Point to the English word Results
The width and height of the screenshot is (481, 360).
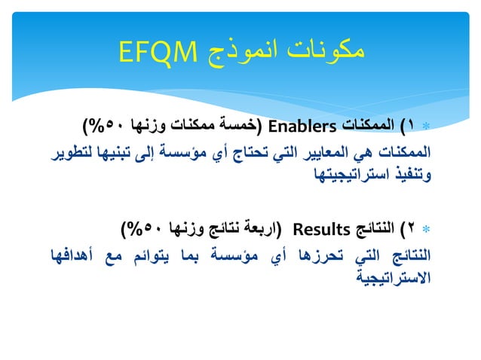point(317,226)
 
